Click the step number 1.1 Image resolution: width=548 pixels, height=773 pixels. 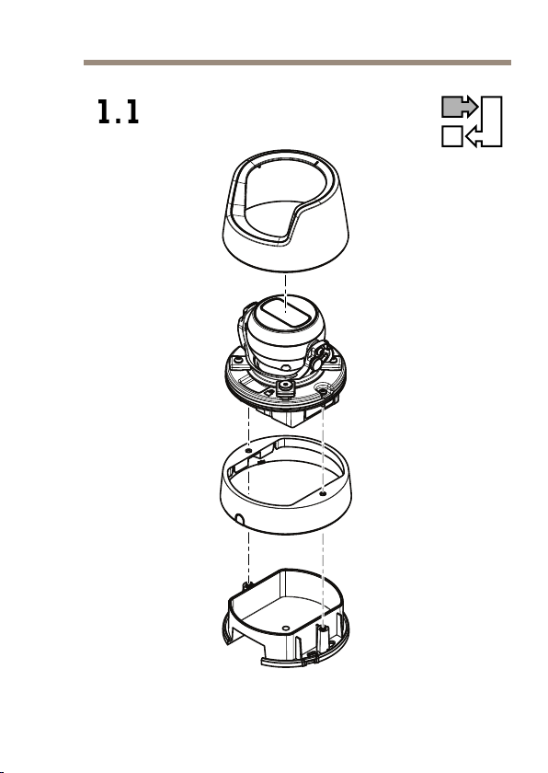click(119, 112)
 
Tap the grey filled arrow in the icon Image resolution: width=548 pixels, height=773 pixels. click(460, 107)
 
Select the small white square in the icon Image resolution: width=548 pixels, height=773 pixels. click(452, 136)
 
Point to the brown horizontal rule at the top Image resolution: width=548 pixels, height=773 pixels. click(297, 63)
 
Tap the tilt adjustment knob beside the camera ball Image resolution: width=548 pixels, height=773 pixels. click(320, 355)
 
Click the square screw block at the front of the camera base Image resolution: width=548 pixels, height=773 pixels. click(285, 387)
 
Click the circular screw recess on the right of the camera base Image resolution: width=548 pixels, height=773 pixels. click(323, 390)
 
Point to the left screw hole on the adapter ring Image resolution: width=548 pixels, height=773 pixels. click(248, 451)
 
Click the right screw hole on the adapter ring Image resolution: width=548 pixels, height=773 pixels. click(323, 493)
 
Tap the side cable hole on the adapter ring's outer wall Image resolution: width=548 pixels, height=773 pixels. click(239, 519)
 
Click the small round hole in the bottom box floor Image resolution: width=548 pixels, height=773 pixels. click(286, 628)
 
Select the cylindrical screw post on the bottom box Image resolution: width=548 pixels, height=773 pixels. click(322, 637)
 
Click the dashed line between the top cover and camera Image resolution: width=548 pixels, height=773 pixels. click(286, 294)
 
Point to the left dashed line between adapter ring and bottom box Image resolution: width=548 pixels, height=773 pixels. click(248, 557)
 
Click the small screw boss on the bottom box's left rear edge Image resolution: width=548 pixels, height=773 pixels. click(247, 585)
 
